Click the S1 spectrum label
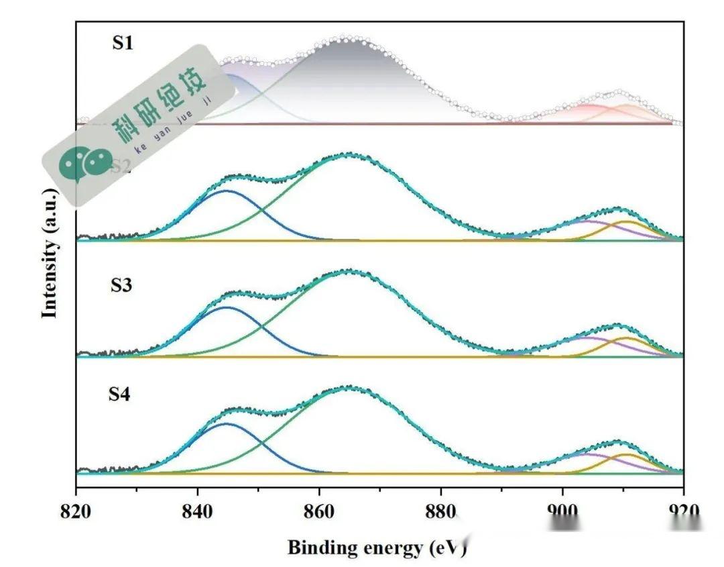(x=123, y=44)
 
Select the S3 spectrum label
(x=121, y=285)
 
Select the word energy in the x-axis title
(x=393, y=548)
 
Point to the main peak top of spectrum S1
(x=344, y=38)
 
